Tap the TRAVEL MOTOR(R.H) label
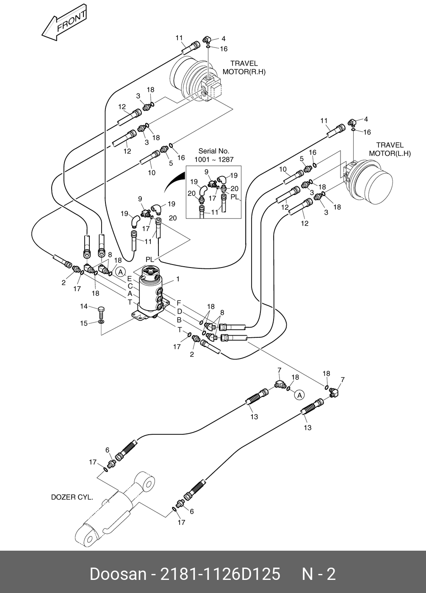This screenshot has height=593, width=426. pyautogui.click(x=244, y=68)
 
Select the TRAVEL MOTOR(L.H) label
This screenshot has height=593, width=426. pyautogui.click(x=390, y=149)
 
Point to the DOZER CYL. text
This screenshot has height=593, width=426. pyautogui.click(x=72, y=497)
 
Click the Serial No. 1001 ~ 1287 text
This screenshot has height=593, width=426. pyautogui.click(x=214, y=155)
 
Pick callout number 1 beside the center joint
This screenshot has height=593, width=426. pyautogui.click(x=178, y=279)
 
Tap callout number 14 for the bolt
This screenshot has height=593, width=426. pyautogui.click(x=84, y=306)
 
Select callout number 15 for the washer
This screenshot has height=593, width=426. pyautogui.click(x=84, y=323)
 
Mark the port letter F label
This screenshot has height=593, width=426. pyautogui.click(x=179, y=303)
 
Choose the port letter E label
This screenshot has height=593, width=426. pyautogui.click(x=130, y=279)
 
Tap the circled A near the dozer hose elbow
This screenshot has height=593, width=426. pyautogui.click(x=299, y=395)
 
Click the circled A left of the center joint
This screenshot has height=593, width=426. pyautogui.click(x=120, y=272)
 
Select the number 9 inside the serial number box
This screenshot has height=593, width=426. pyautogui.click(x=207, y=172)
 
